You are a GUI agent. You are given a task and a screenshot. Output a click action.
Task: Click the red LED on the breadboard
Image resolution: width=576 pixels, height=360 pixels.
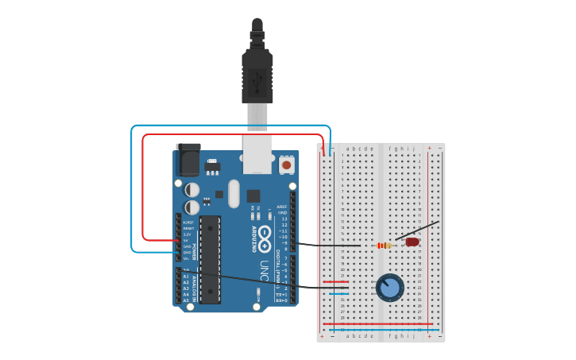pyautogui.click(x=412, y=242)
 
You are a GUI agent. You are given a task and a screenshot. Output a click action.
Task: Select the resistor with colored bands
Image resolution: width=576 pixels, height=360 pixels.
pyautogui.click(x=385, y=245)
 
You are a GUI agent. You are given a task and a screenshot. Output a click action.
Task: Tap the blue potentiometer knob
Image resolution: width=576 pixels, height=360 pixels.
pyautogui.click(x=389, y=287)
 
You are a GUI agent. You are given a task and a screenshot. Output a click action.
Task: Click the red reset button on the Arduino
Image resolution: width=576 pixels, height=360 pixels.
pyautogui.click(x=286, y=165)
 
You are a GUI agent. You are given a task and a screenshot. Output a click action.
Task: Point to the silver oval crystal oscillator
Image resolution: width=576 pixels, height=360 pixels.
pyautogui.click(x=234, y=193)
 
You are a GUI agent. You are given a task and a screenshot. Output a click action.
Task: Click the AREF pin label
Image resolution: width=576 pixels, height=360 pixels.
pyautogui.click(x=282, y=206)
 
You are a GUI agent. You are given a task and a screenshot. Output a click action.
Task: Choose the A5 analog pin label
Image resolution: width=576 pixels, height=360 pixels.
pyautogui.click(x=186, y=300)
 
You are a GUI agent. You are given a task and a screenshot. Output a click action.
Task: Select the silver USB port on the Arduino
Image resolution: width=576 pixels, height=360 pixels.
pyautogui.click(x=257, y=154)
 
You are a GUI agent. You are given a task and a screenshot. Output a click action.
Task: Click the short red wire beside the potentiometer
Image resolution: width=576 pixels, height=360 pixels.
pyautogui.click(x=335, y=281)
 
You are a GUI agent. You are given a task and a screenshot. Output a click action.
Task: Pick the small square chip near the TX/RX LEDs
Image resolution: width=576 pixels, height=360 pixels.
pyautogui.click(x=253, y=195)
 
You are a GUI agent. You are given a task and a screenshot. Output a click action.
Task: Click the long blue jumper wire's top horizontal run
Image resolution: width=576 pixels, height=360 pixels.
pyautogui.click(x=230, y=126)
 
